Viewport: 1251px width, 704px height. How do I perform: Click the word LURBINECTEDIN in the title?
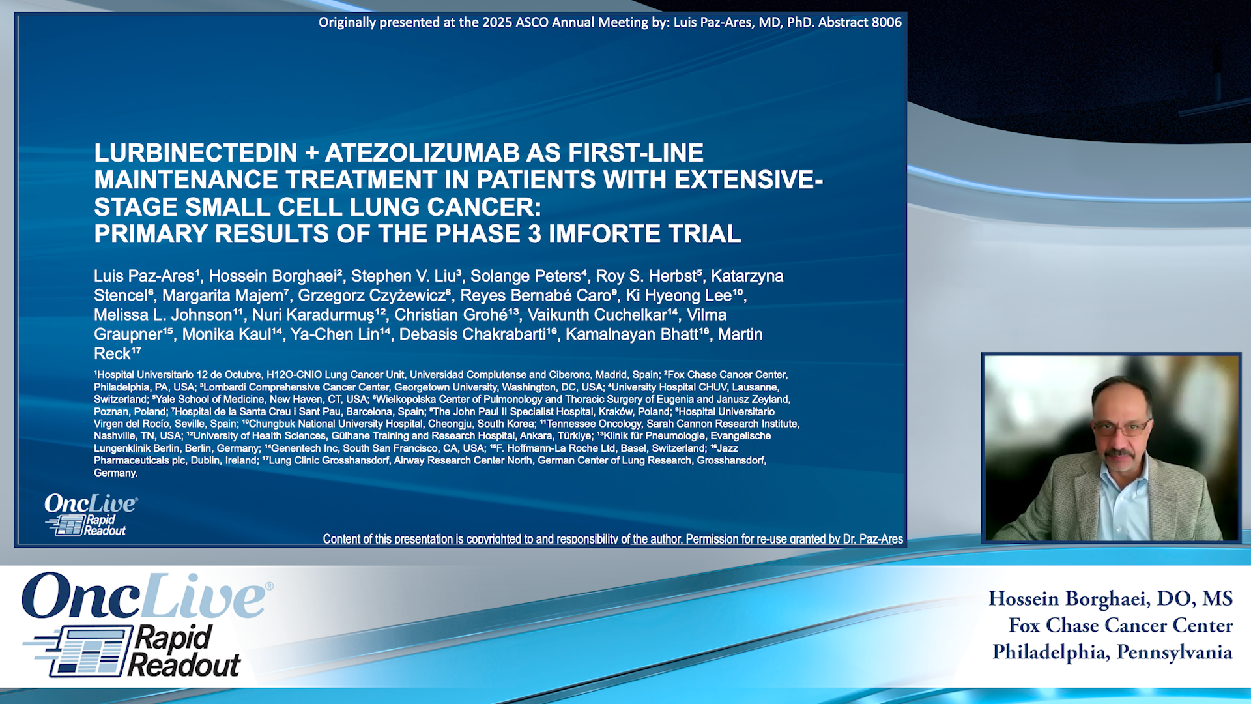[x=196, y=153]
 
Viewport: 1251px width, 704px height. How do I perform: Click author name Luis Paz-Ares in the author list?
[x=144, y=276]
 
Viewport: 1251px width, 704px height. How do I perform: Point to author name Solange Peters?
[x=525, y=276]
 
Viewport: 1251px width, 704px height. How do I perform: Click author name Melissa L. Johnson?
[x=163, y=315]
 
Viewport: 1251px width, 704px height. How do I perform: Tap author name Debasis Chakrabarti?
[x=472, y=335]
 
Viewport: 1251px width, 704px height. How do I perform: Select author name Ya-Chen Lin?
[x=334, y=335]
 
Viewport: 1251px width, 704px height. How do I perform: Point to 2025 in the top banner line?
[x=497, y=23]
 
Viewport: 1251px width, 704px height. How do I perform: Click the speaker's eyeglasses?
[x=1121, y=428]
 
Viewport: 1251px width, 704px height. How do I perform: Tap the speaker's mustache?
[x=1120, y=452]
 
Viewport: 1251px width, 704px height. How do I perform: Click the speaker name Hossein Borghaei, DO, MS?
[x=1110, y=598]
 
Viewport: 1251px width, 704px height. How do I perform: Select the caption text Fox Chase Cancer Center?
[x=1121, y=626]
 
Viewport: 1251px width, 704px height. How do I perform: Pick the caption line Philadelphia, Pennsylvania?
[x=1112, y=653]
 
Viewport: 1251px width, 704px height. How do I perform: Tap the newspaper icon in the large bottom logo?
[x=81, y=651]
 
